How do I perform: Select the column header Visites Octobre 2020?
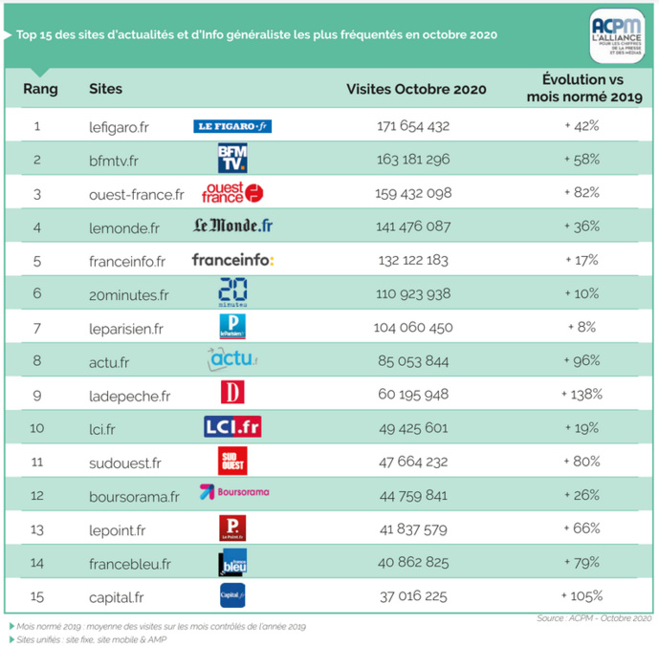(415, 90)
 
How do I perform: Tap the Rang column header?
(39, 89)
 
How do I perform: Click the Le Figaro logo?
(232, 126)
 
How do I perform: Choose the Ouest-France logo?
(232, 193)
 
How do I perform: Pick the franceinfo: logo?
(232, 260)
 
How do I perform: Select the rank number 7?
(37, 327)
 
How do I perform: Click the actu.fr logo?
(232, 360)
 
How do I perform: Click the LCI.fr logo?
(232, 427)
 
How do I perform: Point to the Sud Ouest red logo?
(232, 461)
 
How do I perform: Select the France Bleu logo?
(232, 562)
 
